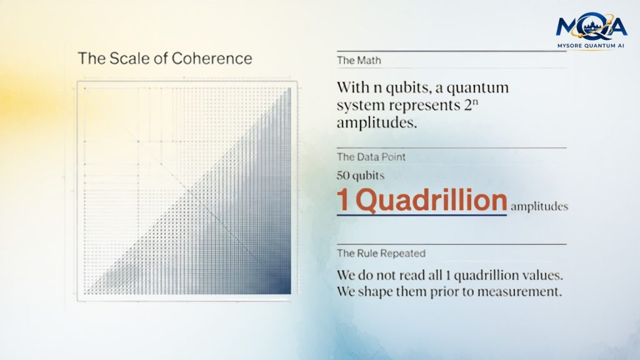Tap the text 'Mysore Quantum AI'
(x=591, y=46)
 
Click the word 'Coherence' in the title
(x=212, y=58)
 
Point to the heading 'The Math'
(x=359, y=61)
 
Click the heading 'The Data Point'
(x=371, y=157)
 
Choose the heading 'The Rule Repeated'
(x=381, y=254)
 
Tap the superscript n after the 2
(x=475, y=102)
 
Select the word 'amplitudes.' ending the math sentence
(x=377, y=123)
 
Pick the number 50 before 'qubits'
(x=343, y=176)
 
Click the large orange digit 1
(x=342, y=201)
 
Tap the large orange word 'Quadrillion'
(x=431, y=201)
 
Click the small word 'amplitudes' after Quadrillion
(x=539, y=206)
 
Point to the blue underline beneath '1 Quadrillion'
(x=422, y=215)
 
